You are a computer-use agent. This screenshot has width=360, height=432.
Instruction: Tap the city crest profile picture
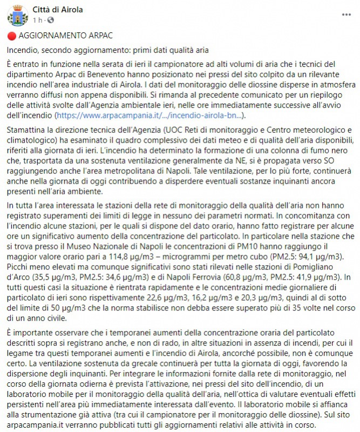click(18, 16)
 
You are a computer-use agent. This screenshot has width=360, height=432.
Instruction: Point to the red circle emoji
click(11, 36)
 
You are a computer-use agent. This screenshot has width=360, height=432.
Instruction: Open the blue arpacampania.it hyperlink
click(151, 116)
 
